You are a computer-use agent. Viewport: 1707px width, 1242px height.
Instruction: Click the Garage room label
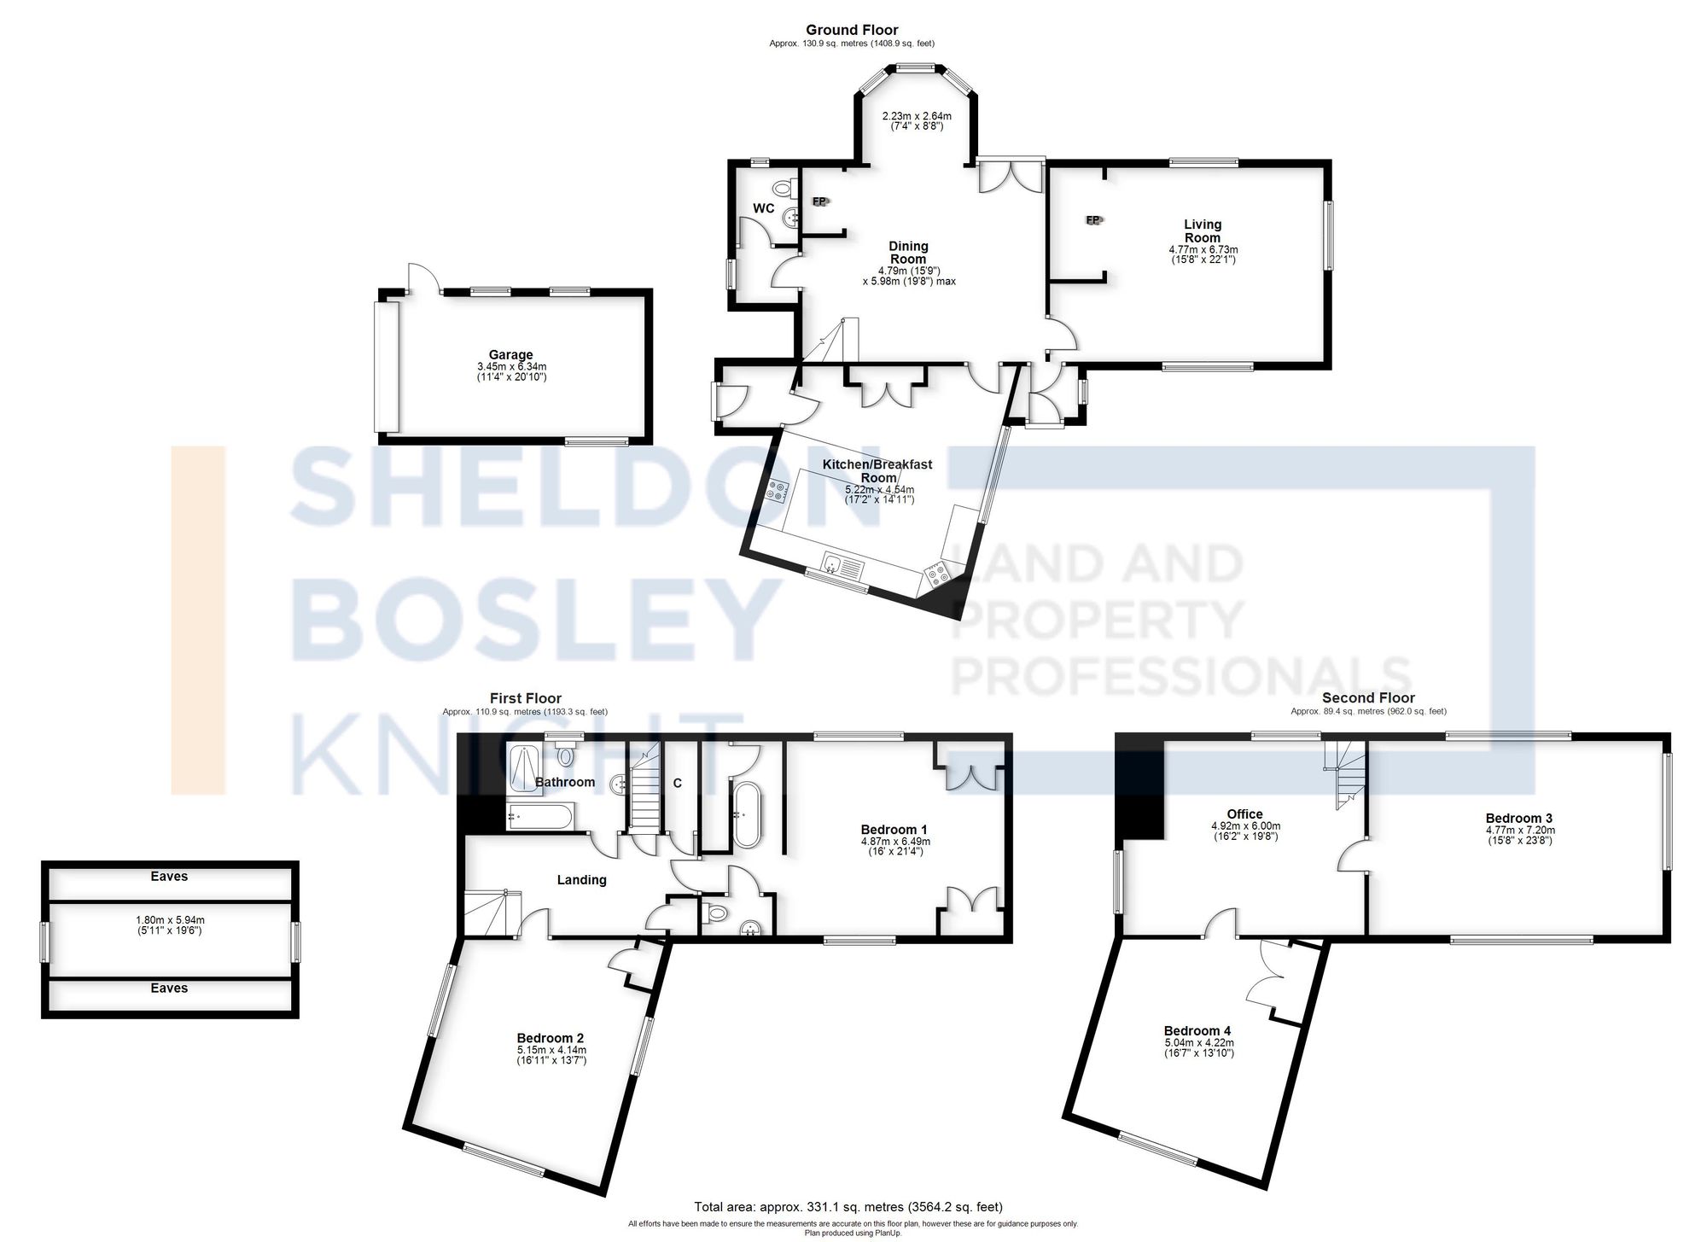[510, 355]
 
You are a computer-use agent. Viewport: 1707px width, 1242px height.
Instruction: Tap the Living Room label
[1202, 231]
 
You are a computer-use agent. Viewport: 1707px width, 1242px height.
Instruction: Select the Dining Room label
[908, 253]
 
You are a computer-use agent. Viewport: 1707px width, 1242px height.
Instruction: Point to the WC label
[763, 208]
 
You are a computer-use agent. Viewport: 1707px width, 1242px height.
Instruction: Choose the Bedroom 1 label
[894, 830]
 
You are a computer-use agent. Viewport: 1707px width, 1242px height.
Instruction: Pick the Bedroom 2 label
[551, 1039]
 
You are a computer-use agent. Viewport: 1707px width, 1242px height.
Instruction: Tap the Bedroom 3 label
[1520, 818]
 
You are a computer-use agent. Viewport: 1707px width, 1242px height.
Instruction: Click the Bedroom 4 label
[1197, 1031]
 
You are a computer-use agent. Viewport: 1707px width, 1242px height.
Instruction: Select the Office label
[1244, 814]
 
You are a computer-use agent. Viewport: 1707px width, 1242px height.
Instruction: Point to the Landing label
[581, 880]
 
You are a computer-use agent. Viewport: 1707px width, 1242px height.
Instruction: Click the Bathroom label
[564, 783]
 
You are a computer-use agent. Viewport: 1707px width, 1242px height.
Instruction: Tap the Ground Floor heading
[852, 30]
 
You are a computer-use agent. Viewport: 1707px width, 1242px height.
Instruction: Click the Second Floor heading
[1368, 698]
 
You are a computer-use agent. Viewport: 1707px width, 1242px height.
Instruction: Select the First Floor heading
[525, 698]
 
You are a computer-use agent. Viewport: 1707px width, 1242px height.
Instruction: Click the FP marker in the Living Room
[1093, 220]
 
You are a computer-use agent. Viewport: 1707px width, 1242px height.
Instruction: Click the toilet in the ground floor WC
[781, 188]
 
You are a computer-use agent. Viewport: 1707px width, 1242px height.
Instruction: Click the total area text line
[848, 1207]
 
